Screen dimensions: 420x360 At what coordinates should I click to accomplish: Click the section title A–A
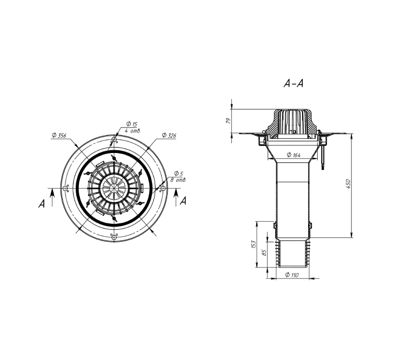[294, 84]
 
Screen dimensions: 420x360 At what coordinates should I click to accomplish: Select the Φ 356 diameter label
[59, 136]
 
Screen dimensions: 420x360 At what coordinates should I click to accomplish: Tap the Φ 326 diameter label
[169, 136]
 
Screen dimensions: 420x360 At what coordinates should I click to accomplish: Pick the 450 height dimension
[348, 184]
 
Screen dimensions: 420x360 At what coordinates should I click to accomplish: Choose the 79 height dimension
[228, 121]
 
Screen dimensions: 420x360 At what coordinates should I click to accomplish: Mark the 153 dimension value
[254, 244]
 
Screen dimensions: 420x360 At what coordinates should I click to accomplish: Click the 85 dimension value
[264, 252]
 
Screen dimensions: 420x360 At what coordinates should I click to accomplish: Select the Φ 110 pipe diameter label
[292, 275]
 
